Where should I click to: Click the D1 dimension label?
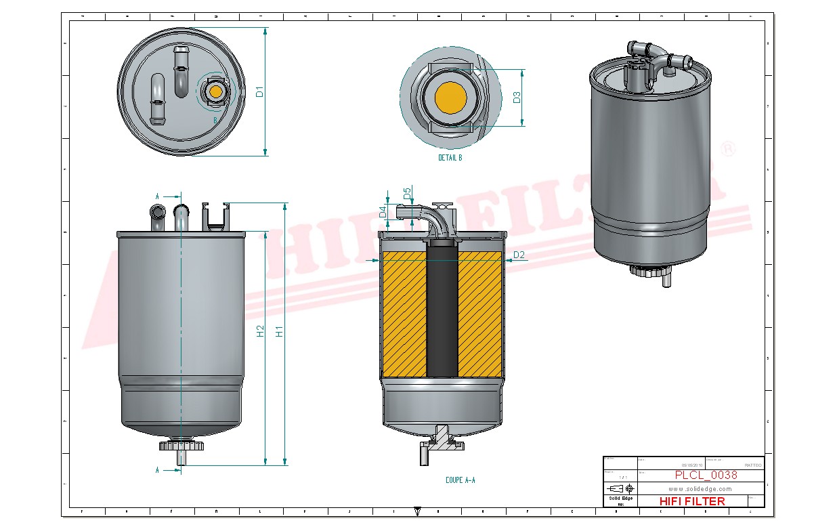click(x=259, y=91)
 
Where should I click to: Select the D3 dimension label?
click(x=517, y=97)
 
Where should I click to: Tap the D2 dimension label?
click(x=519, y=255)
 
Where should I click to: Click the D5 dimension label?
click(x=407, y=194)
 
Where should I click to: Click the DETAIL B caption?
click(x=450, y=158)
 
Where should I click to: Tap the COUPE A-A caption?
click(x=460, y=480)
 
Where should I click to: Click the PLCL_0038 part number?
click(x=706, y=475)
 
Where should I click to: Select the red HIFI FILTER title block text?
click(x=691, y=501)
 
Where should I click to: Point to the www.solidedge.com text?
click(x=700, y=488)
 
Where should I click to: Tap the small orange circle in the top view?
click(x=216, y=91)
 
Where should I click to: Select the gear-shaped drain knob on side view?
click(x=181, y=446)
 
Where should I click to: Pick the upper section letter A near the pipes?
click(x=157, y=196)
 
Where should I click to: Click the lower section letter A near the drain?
click(x=157, y=469)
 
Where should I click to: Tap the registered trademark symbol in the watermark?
click(x=727, y=148)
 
